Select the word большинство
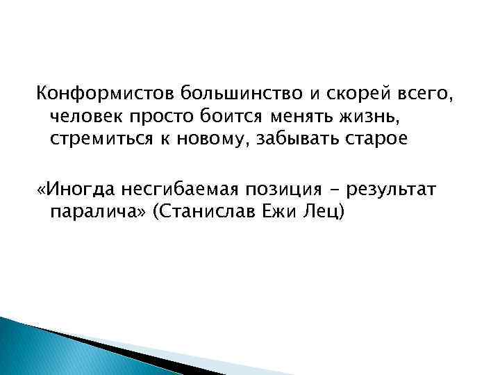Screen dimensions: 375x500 point(219,92)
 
